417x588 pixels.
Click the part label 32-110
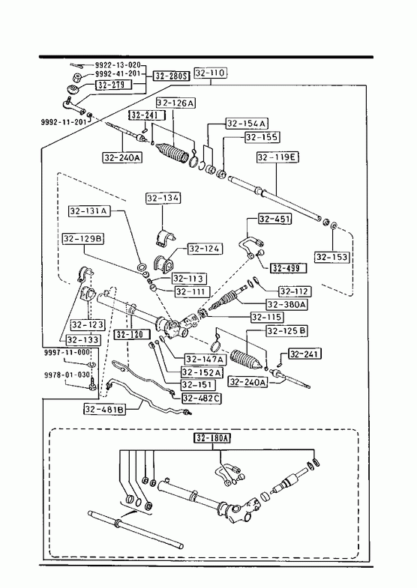click(x=211, y=73)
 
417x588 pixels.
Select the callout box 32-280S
click(x=171, y=76)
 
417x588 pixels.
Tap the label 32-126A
click(x=176, y=103)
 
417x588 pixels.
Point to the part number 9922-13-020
click(x=118, y=65)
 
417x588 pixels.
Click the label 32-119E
click(x=277, y=157)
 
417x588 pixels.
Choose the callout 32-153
click(x=332, y=257)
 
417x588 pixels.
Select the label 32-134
click(x=163, y=198)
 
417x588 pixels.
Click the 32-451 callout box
click(x=275, y=219)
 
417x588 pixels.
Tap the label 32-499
click(x=288, y=268)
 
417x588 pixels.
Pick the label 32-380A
click(x=286, y=304)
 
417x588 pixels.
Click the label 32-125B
click(x=286, y=331)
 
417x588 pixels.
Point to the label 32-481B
click(x=105, y=409)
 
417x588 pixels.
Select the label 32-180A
click(x=212, y=437)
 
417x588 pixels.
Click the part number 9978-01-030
click(x=67, y=375)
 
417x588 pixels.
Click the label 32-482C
click(x=202, y=398)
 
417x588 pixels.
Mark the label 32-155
click(x=262, y=137)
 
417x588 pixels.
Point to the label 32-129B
click(x=83, y=239)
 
